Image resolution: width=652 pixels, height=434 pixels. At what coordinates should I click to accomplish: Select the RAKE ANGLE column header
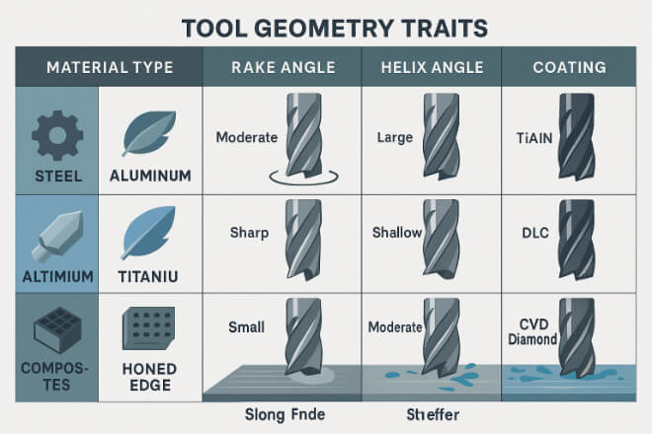[x=284, y=67]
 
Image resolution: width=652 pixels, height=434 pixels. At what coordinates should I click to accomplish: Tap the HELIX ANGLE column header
[x=432, y=67]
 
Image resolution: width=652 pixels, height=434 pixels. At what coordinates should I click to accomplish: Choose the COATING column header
[x=569, y=67]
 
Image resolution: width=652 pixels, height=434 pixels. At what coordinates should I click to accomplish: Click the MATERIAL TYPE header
[x=110, y=67]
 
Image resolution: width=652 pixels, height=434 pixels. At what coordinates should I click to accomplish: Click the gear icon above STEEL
[x=57, y=135]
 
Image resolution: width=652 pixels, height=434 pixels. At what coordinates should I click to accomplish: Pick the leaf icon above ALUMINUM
[x=149, y=133]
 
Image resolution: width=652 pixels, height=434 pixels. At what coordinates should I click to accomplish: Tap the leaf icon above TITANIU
[x=148, y=233]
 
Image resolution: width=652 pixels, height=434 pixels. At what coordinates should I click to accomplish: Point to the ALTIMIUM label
[x=58, y=276]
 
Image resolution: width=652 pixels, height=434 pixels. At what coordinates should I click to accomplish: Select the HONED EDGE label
[x=150, y=377]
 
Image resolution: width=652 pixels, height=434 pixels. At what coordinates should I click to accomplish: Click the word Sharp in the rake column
[x=249, y=233]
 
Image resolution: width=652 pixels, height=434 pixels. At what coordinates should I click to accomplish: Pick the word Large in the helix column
[x=394, y=137]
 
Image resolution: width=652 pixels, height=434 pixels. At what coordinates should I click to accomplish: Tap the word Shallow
[x=397, y=233]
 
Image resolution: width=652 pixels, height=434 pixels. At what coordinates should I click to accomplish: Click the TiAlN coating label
[x=534, y=138]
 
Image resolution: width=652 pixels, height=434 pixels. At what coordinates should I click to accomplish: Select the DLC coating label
[x=535, y=233]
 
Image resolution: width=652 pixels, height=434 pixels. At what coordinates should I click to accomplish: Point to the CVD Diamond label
[x=532, y=331]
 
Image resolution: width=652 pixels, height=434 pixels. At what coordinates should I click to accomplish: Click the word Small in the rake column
[x=246, y=327]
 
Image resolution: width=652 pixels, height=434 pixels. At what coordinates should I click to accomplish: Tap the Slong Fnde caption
[x=285, y=414]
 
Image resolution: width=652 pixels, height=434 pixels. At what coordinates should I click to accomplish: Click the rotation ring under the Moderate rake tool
[x=303, y=182]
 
